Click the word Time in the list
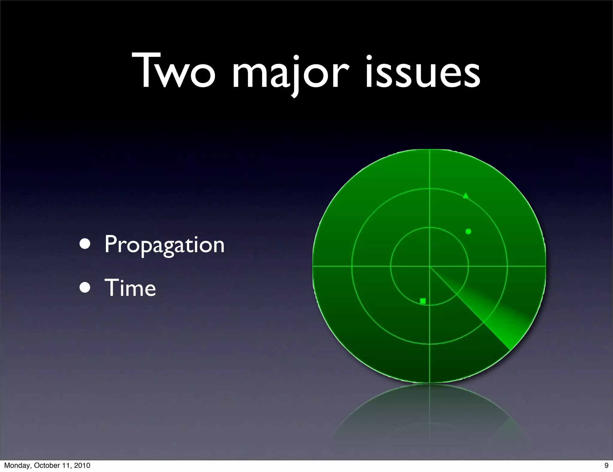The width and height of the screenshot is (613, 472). (130, 288)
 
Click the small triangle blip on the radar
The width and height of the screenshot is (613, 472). (465, 196)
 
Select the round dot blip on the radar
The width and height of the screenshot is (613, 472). (468, 231)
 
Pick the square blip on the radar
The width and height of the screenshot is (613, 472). (423, 301)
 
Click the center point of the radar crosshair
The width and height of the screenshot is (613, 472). (430, 266)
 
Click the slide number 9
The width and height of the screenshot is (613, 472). (606, 465)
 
